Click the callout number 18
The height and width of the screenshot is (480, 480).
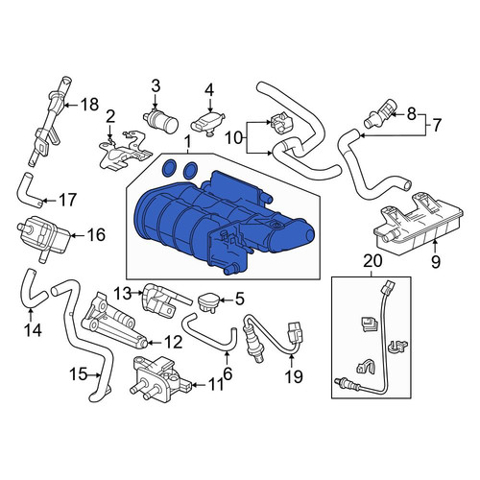89,105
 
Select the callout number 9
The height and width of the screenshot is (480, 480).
436,262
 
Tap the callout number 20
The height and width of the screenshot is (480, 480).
372,260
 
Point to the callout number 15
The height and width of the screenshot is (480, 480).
79,373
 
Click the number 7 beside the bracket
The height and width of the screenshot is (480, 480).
437,125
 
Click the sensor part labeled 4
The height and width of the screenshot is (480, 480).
207,123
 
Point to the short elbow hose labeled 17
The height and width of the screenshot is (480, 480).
28,189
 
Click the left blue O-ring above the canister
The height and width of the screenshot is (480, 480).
169,168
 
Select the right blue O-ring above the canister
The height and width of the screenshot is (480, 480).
190,169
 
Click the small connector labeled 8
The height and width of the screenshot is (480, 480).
380,115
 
